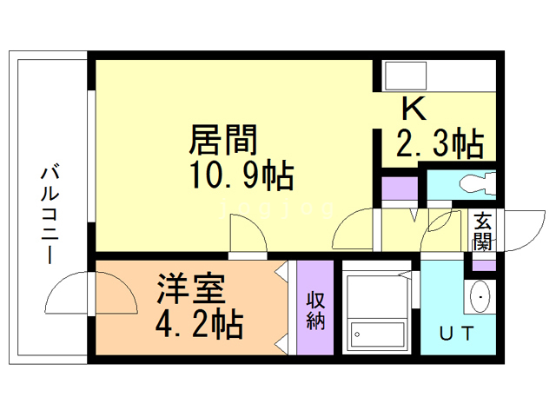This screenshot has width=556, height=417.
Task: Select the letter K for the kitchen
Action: [413, 109]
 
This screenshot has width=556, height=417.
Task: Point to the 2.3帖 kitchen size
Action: [439, 142]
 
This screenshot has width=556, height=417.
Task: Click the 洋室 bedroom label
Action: [190, 286]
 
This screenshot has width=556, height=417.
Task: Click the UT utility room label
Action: [456, 333]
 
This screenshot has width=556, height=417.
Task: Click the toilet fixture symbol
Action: [473, 184]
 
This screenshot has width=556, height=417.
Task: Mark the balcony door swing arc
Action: [69, 295]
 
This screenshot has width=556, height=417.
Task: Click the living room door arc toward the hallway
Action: [353, 231]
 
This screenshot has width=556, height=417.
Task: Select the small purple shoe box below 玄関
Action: [483, 261]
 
